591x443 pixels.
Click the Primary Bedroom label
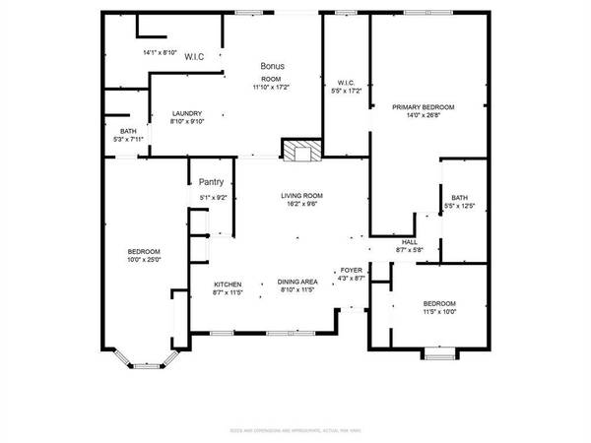(424, 106)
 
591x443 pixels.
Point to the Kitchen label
(228, 283)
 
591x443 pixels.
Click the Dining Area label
(296, 282)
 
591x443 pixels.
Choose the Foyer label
(352, 270)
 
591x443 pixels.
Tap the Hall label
(409, 242)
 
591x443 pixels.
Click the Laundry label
(186, 113)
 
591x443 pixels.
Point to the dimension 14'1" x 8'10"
(160, 52)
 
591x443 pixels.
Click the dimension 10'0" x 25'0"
(144, 261)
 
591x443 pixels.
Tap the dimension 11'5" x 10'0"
(439, 312)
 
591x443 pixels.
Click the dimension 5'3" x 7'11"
(129, 140)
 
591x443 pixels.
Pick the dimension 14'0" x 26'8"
(424, 115)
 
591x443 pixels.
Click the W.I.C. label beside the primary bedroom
(346, 82)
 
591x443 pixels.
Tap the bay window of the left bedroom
(144, 360)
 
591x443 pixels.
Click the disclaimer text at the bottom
(295, 429)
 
